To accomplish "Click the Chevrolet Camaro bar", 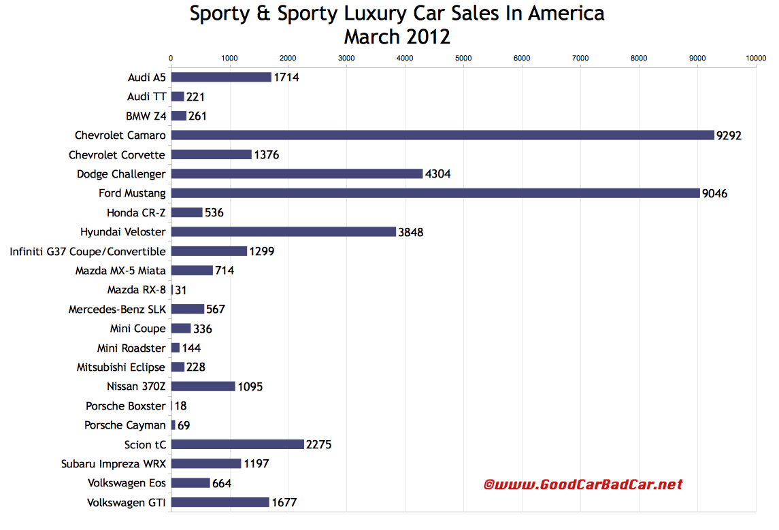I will point(442,135).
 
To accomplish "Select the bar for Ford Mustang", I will point(435,193).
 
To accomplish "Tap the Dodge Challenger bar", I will point(297,174).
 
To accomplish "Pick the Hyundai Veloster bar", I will point(283,232).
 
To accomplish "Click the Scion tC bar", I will point(237,444).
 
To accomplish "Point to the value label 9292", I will point(729,135).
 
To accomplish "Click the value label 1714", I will point(286,78).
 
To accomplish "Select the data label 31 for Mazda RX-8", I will point(181,290).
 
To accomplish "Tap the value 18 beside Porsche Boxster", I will point(180,406).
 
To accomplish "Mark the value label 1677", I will point(284,503).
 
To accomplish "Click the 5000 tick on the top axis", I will point(463,59).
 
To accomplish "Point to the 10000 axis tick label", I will point(755,59).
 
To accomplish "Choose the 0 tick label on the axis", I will point(171,59).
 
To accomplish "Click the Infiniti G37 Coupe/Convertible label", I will point(88,252).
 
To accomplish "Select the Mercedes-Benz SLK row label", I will point(117,310).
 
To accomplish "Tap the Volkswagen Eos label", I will point(126,483).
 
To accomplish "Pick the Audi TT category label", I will point(146,97).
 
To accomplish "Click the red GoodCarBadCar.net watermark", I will point(582,484).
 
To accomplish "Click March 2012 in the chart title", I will point(397,36).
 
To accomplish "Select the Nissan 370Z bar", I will point(203,386).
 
